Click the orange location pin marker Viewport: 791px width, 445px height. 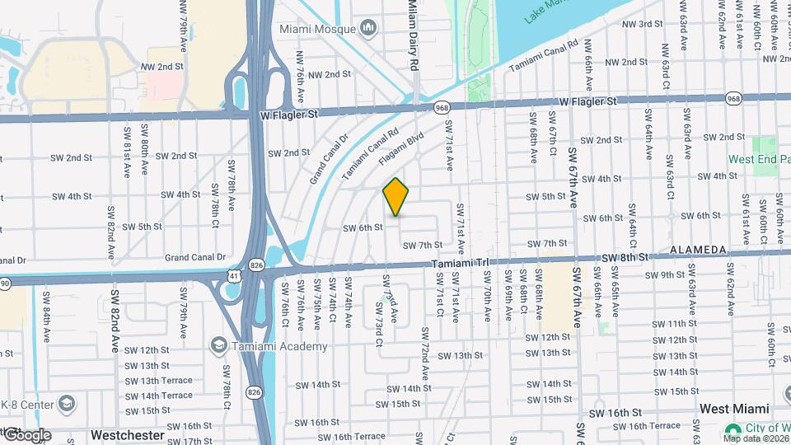point(396,197)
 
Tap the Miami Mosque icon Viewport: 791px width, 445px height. point(368,29)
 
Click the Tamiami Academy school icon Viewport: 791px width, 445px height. point(219,344)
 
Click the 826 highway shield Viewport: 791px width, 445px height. point(257,265)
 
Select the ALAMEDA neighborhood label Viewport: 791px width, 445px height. point(698,250)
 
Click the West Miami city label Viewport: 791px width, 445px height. point(734,409)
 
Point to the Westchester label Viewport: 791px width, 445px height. point(127,434)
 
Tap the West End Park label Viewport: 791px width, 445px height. point(753,159)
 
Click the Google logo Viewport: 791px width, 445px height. point(26,435)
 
